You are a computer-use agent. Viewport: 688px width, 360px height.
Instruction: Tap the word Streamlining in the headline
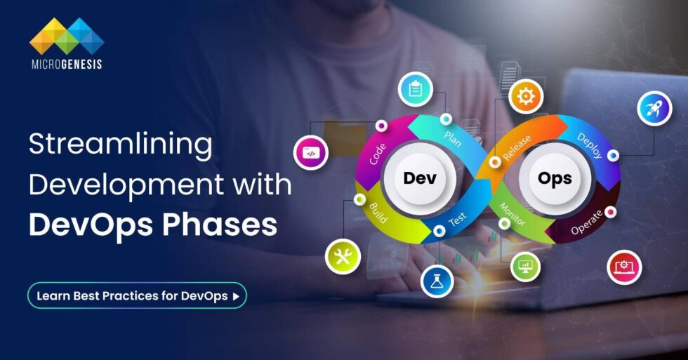120,146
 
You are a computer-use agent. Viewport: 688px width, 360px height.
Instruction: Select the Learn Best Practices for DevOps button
137,295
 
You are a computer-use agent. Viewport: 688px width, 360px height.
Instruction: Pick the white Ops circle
555,178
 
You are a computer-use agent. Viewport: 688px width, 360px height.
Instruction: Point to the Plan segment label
452,137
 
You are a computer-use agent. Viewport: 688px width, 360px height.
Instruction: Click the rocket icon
654,109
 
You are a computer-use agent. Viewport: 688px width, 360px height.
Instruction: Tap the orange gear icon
525,96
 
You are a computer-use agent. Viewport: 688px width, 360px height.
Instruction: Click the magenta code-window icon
310,152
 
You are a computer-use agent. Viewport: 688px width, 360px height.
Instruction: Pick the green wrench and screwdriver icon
343,257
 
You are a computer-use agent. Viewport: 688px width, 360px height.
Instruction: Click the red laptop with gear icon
624,267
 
